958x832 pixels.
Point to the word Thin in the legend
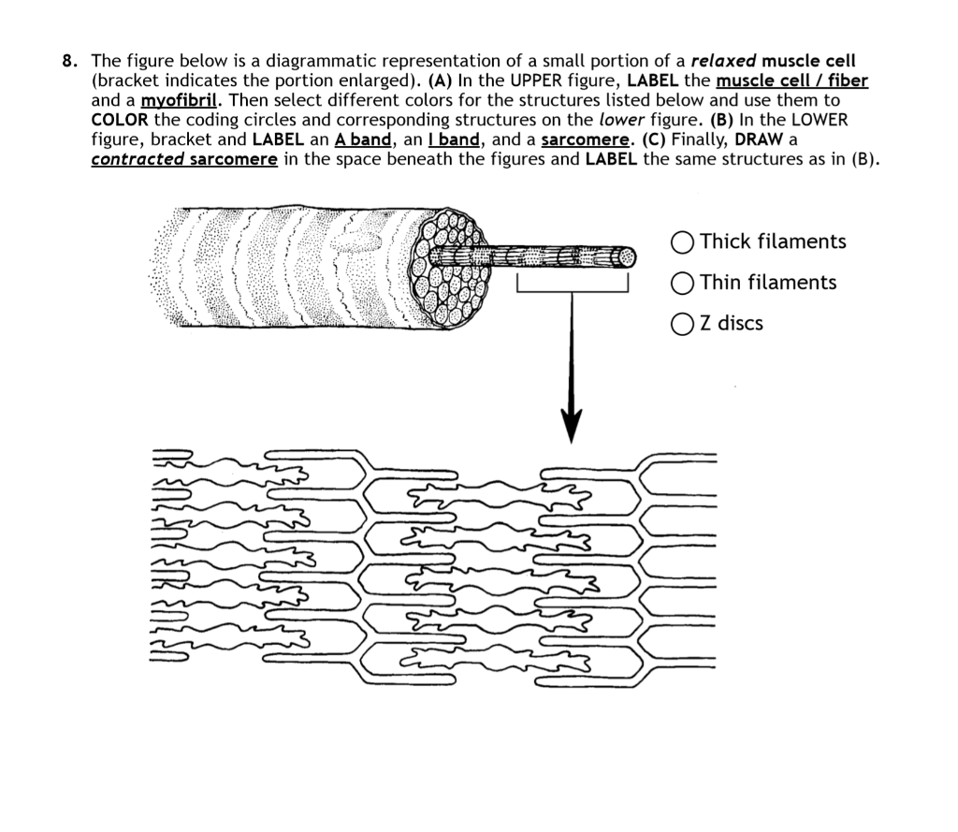coord(720,283)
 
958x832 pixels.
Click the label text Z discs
coord(732,324)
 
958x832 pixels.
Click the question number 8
coord(68,63)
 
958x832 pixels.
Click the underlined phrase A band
coord(363,140)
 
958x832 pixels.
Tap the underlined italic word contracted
coord(137,159)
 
